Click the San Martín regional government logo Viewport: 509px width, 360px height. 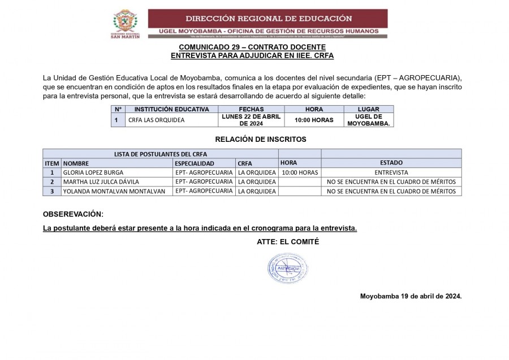pos(125,23)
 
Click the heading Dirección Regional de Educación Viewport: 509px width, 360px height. pos(268,18)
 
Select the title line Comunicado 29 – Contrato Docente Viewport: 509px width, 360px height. pos(252,47)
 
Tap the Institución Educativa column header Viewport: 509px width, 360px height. pos(171,109)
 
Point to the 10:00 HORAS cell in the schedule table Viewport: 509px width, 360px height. pos(314,120)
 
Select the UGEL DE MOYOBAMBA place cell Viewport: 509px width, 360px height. pos(369,120)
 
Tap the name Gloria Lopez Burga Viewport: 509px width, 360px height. pos(93,172)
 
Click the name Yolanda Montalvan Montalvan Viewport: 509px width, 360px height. pos(114,191)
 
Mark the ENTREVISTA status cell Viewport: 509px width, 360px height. pos(391,172)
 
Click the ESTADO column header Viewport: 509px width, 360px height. pos(391,163)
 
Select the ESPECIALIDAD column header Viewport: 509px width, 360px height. pos(195,163)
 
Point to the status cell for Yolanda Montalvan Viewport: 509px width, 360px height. pos(391,191)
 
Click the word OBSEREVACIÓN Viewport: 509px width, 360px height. pos(74,214)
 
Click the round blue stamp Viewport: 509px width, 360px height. pos(287,268)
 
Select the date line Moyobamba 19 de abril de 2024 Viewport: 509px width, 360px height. pos(411,296)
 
